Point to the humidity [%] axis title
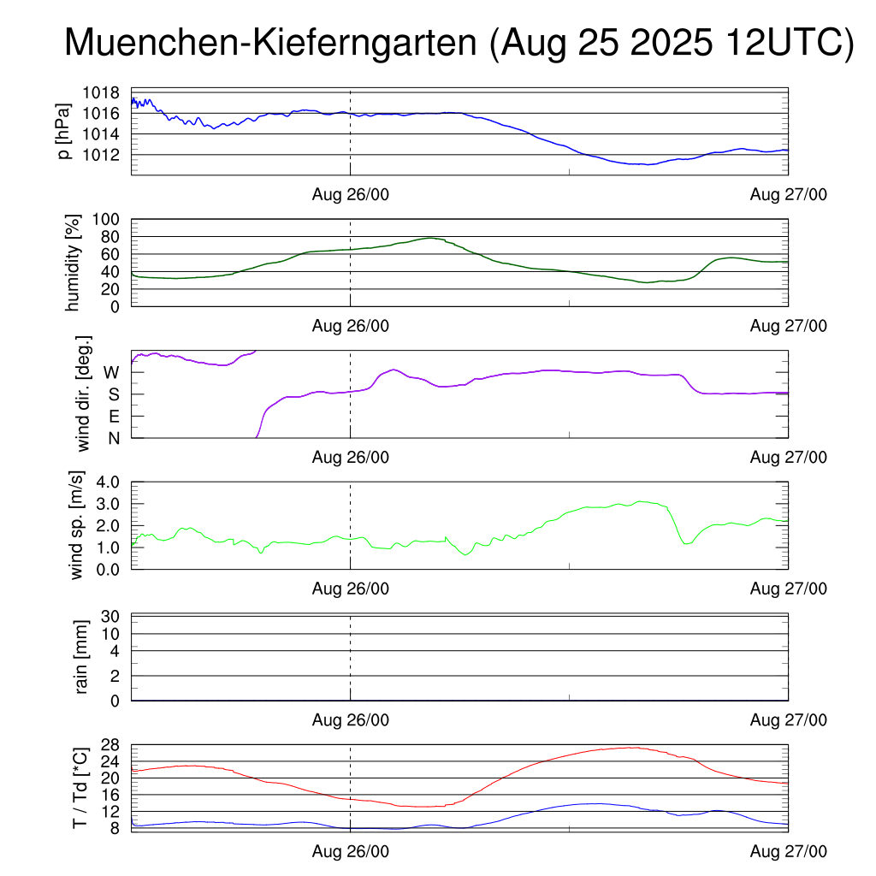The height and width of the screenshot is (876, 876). pyautogui.click(x=72, y=263)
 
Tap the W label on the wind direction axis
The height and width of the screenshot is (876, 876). pyautogui.click(x=111, y=373)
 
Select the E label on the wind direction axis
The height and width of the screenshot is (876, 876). pyautogui.click(x=113, y=417)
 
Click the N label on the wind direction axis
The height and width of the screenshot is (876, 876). pyautogui.click(x=113, y=438)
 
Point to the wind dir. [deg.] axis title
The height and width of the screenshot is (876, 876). pyautogui.click(x=83, y=394)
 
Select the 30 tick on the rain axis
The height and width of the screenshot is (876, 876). pyautogui.click(x=111, y=617)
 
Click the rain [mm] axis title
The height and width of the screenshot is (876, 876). pyautogui.click(x=82, y=658)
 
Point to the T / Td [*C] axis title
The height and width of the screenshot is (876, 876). pyautogui.click(x=80, y=787)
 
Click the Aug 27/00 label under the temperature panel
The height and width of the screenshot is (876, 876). pyautogui.click(x=788, y=851)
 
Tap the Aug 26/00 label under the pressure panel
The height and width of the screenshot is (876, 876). pyautogui.click(x=350, y=195)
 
